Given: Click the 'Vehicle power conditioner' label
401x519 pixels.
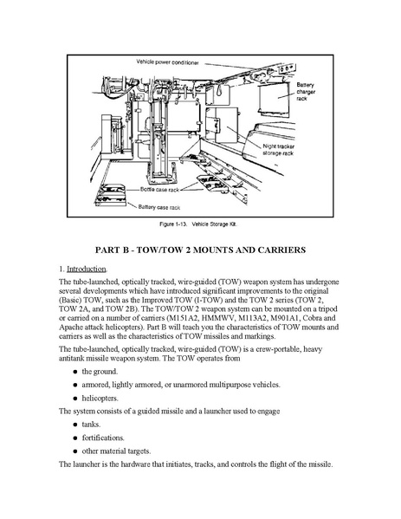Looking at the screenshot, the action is click(167, 62).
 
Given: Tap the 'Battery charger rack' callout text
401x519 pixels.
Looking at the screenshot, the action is click(306, 92).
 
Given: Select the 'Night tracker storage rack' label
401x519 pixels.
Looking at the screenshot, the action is click(279, 150).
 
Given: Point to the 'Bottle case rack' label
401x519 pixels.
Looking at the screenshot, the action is click(159, 190).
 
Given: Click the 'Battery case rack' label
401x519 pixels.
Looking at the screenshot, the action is click(159, 208).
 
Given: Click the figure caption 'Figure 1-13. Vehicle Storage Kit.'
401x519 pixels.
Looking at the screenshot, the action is click(198, 224).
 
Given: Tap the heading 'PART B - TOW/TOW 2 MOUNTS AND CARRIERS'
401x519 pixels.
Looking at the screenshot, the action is click(200, 250).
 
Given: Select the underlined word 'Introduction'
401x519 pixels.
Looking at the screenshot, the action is click(87, 269).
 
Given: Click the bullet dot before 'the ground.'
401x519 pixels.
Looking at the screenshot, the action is click(75, 372).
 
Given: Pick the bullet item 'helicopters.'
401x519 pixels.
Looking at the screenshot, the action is click(100, 399).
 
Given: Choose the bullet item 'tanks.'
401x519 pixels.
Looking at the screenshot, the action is click(91, 425).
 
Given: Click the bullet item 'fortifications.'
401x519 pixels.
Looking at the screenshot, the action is click(103, 438).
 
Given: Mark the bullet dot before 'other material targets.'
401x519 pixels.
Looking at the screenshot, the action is click(75, 451).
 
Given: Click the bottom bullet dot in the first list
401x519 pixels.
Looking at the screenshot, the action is click(75, 399).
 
